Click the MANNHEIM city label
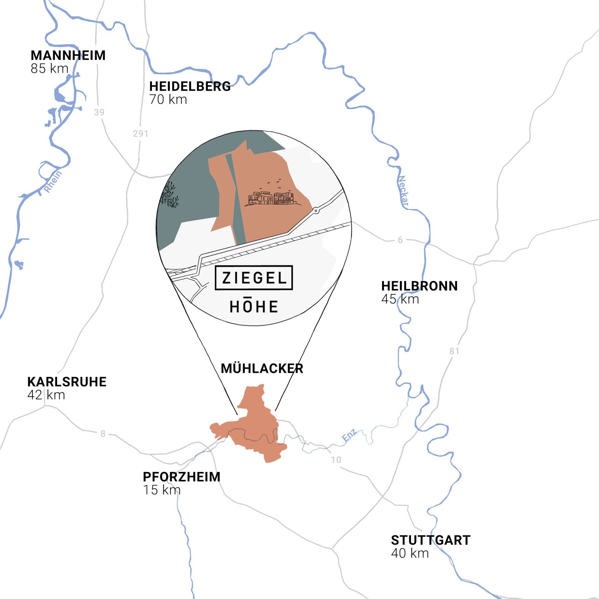(68, 56)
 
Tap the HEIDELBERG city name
(190, 86)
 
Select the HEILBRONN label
(419, 286)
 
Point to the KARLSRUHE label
(67, 382)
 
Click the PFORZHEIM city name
(182, 477)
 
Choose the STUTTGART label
(431, 540)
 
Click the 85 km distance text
(49, 69)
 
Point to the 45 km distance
(400, 299)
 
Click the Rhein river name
(53, 182)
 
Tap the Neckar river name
(403, 191)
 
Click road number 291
(140, 134)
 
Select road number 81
(454, 351)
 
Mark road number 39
(99, 112)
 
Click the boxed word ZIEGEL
(254, 278)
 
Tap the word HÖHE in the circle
(254, 306)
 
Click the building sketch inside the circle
(271, 197)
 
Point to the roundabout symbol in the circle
(316, 211)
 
